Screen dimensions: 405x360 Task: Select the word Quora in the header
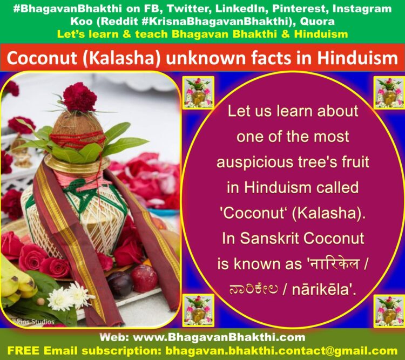pos(317,22)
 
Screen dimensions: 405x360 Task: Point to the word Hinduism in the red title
pos(357,58)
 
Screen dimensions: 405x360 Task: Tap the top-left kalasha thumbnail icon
pos(198,92)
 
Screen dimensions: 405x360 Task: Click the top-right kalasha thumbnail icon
pos(389,92)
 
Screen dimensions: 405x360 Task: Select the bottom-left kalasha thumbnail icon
pos(198,310)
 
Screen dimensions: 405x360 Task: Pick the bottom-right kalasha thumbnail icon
pos(389,311)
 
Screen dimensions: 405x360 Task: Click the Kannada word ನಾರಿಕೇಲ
pos(254,289)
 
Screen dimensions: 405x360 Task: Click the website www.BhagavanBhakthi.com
pos(219,337)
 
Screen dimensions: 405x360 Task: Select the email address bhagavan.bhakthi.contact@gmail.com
pos(281,351)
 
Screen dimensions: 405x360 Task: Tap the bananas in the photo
pos(16,281)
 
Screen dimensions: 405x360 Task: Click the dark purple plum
pos(120,284)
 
